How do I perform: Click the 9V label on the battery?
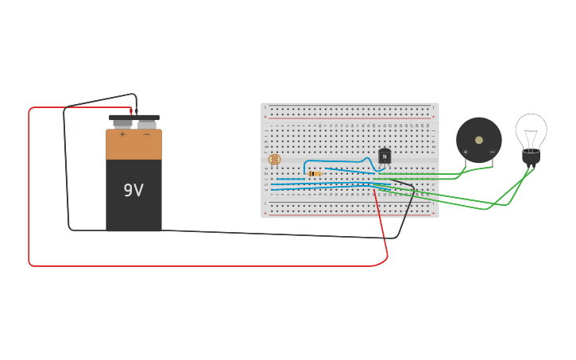[x=133, y=191]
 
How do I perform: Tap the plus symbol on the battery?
[x=122, y=134]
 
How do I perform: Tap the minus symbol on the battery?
[x=146, y=134]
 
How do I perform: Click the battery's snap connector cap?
[x=133, y=118]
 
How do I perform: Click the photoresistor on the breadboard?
[x=275, y=160]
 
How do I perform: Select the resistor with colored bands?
[x=315, y=173]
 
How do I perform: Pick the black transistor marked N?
[x=385, y=157]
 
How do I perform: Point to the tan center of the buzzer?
[x=479, y=140]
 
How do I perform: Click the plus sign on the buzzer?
[x=466, y=151]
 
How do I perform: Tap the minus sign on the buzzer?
[x=492, y=151]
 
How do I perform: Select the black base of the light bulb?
[x=531, y=157]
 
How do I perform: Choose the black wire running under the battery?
[x=238, y=233]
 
